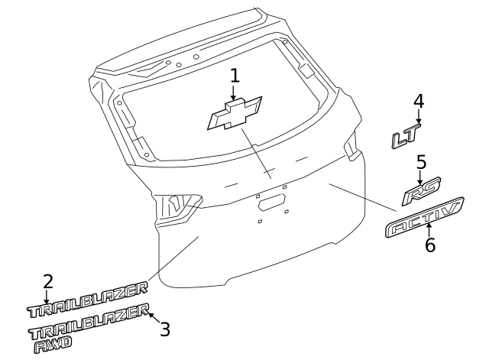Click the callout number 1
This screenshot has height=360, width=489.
[x=235, y=76]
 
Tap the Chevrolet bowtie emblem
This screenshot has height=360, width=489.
[x=235, y=113]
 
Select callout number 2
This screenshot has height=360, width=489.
[x=47, y=282]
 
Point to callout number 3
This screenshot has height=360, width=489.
[x=165, y=329]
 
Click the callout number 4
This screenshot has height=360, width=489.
[x=419, y=101]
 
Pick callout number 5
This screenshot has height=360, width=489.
[x=421, y=162]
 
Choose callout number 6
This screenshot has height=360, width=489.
[x=430, y=245]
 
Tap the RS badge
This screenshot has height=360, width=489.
[x=421, y=191]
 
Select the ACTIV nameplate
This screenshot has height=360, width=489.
[x=425, y=217]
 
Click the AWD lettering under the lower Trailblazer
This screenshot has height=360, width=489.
[x=53, y=345]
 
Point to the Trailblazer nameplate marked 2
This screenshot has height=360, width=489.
[x=87, y=300]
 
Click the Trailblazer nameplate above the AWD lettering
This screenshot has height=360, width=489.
[x=89, y=321]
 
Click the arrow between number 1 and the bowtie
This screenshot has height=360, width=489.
[x=234, y=92]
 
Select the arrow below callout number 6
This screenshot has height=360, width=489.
[x=429, y=230]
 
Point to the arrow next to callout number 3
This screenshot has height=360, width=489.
[x=154, y=318]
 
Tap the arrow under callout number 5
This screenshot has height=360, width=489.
[x=420, y=178]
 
